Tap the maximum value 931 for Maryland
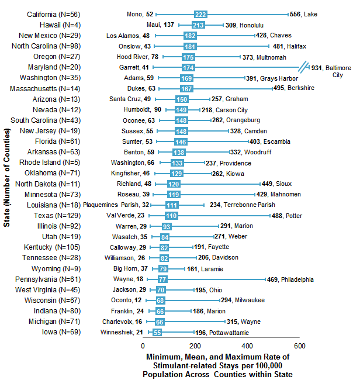pyautogui.click(x=318, y=68)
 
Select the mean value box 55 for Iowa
pyautogui.click(x=157, y=333)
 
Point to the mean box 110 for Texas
pyautogui.click(x=172, y=216)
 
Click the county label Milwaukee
pyautogui.click(x=250, y=300)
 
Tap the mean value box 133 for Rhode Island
pyautogui.click(x=177, y=163)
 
